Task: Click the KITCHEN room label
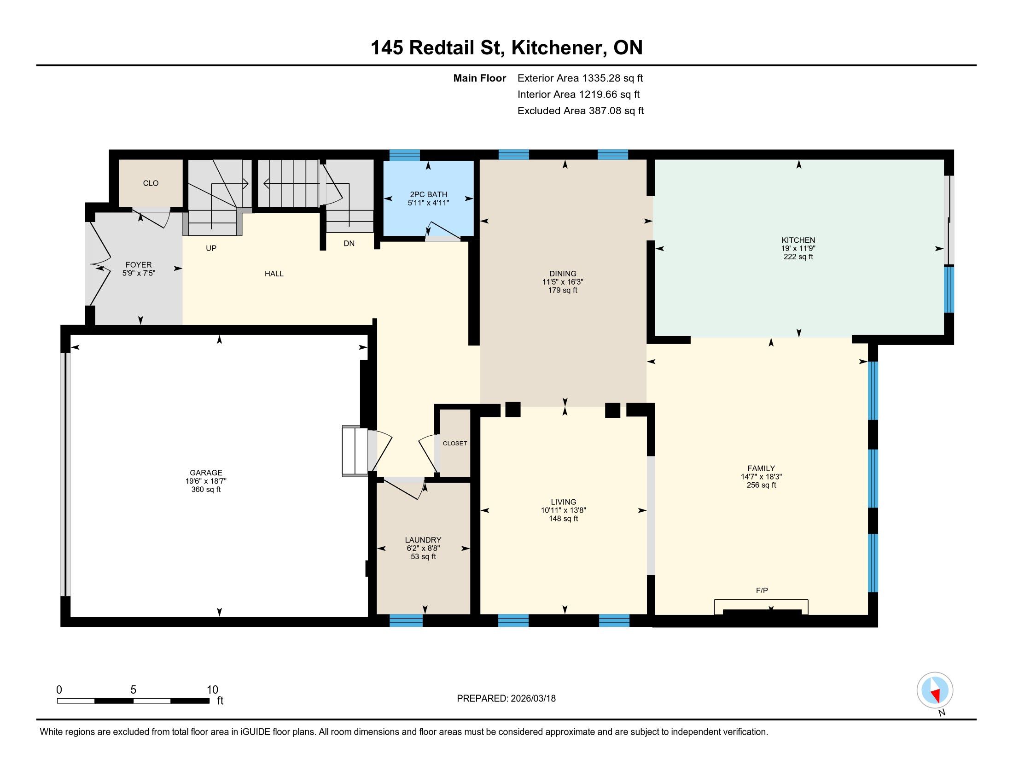[798, 240]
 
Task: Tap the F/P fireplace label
[762, 590]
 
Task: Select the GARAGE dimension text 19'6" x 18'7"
[206, 481]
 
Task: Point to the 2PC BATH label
[429, 194]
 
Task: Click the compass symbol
[935, 690]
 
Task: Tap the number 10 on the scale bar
[212, 690]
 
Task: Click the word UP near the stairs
[211, 248]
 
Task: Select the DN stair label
[349, 244]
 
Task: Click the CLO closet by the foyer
[151, 183]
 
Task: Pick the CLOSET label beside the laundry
[455, 444]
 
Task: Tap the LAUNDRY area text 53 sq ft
[424, 557]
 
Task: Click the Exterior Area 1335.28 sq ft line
[580, 78]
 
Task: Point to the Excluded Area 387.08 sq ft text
[581, 111]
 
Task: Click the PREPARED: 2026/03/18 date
[506, 699]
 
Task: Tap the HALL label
[274, 274]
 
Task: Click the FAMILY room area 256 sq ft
[761, 485]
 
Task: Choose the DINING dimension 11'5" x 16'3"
[563, 282]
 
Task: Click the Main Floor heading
[480, 78]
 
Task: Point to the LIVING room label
[564, 502]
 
